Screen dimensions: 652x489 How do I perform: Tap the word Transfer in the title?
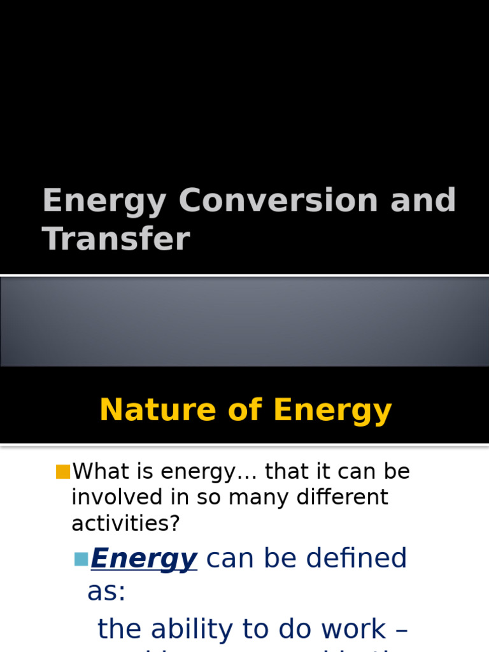116,239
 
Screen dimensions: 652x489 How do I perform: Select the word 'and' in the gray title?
425,201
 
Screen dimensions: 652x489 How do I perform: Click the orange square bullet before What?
62,472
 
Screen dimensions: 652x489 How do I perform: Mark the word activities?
126,523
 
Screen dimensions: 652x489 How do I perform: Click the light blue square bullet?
81,559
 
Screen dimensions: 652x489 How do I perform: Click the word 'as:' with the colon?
106,591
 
